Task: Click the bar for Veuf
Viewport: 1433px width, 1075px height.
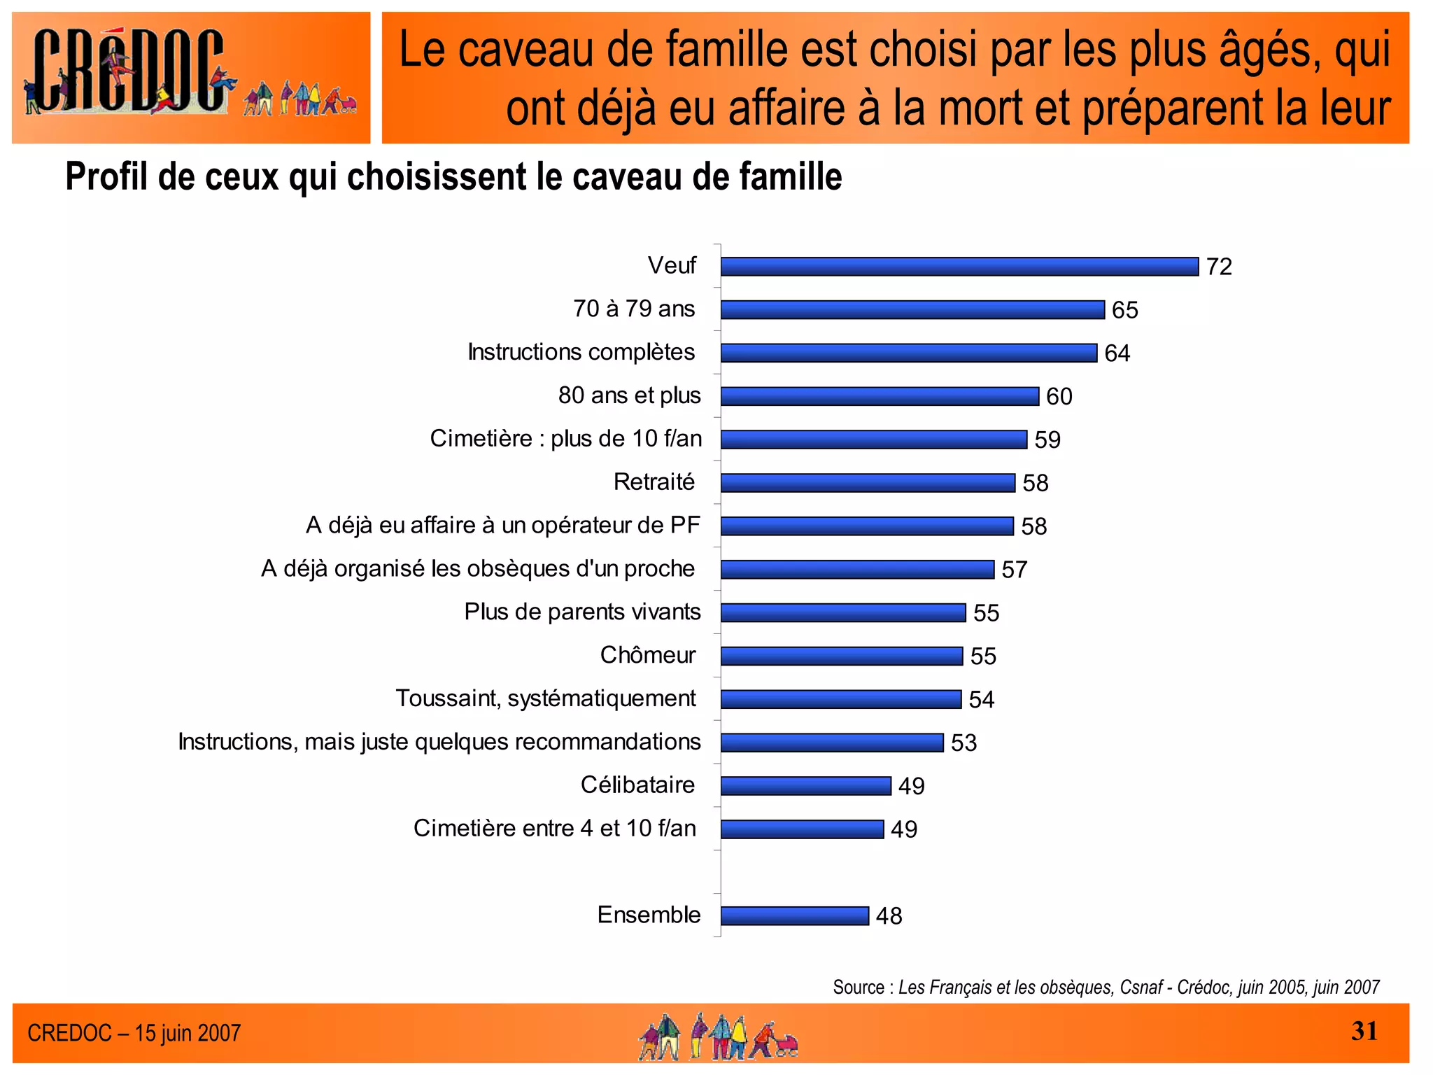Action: tap(959, 267)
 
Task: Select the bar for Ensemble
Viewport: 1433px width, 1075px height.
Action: tap(794, 915)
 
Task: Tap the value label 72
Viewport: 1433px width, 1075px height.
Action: tap(1218, 267)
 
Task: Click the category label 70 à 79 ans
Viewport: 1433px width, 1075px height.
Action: tap(633, 309)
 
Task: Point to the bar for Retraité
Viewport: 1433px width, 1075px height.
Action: tap(867, 483)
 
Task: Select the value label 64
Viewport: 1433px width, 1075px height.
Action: tap(1117, 353)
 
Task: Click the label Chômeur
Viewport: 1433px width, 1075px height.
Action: tap(647, 655)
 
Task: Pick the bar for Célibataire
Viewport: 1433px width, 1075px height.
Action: tap(805, 786)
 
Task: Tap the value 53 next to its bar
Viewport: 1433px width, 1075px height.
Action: tap(963, 743)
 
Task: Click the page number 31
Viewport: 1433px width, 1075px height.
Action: tap(1364, 1031)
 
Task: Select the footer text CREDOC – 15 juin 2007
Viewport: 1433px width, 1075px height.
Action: tap(134, 1033)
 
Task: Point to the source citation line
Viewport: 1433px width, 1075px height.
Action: tap(1106, 987)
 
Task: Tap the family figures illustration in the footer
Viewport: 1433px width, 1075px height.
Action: tap(717, 1037)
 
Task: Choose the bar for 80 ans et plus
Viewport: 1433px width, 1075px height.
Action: tap(879, 397)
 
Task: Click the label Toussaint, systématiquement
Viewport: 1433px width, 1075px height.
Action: tap(545, 698)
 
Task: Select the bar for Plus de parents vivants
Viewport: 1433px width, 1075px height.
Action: tap(842, 613)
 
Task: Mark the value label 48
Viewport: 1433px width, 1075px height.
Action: tap(889, 916)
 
